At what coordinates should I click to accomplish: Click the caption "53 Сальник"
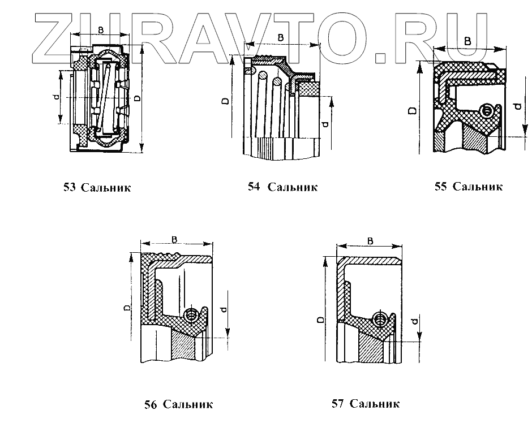point(97,187)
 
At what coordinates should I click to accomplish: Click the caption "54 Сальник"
point(282,187)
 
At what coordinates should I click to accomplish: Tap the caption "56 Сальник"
point(178,404)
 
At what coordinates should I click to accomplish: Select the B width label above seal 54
point(281,37)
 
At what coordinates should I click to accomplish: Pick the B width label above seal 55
point(467,41)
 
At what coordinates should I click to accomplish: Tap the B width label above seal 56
point(175,240)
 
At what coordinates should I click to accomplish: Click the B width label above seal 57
point(370,241)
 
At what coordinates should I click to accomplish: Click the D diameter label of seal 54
point(225,102)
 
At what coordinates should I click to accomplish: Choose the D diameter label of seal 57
point(320,320)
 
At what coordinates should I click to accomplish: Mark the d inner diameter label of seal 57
point(416,323)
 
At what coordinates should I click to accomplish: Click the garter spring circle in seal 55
point(486,110)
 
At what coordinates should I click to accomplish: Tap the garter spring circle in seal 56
point(191,314)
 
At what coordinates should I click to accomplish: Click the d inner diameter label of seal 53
point(55,97)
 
